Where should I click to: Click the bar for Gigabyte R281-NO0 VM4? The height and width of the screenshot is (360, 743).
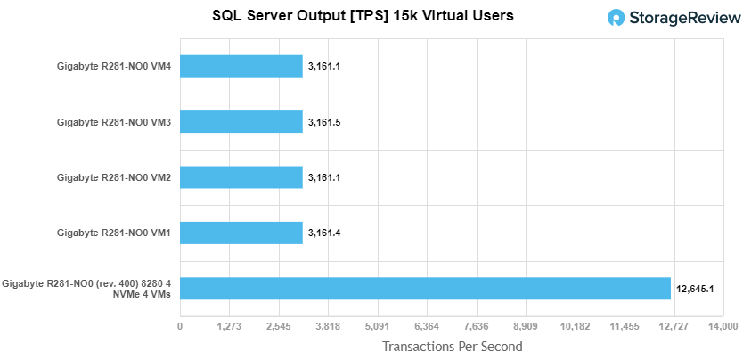click(241, 66)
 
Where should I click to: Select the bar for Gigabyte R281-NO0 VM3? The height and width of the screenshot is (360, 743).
click(241, 121)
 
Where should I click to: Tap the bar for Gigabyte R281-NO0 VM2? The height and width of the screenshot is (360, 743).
click(241, 177)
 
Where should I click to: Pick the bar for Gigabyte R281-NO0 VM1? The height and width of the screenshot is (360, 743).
click(241, 233)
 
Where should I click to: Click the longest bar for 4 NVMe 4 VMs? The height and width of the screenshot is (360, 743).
click(425, 288)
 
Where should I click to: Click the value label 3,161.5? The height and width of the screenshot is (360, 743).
click(324, 122)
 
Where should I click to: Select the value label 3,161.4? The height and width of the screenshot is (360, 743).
click(324, 233)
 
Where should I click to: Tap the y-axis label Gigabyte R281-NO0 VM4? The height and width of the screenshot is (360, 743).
click(114, 66)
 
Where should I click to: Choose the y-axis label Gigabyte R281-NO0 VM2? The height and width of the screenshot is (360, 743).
click(114, 177)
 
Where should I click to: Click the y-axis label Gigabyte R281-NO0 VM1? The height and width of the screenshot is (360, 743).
click(114, 233)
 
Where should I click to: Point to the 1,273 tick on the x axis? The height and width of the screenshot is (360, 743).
click(230, 326)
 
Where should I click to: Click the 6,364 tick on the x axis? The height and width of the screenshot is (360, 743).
click(427, 326)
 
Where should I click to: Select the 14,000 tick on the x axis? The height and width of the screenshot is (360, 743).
click(722, 326)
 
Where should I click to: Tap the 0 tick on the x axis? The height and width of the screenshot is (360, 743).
click(180, 326)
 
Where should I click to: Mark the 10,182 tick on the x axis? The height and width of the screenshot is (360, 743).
click(575, 326)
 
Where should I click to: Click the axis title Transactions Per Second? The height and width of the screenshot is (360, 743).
click(452, 346)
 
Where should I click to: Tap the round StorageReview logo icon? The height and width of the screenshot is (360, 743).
click(615, 18)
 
